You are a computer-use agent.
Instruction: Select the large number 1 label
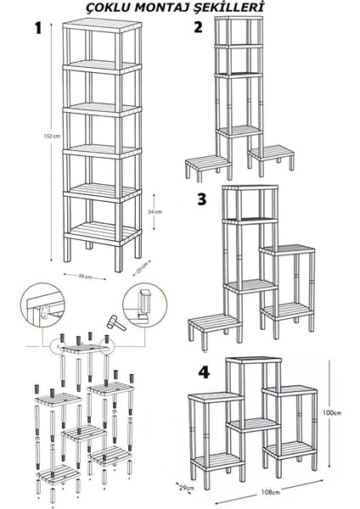pos(38,28)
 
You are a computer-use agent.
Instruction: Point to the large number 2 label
pos(198,27)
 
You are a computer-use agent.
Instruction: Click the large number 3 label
pos(202,199)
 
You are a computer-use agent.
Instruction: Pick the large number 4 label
pos(204,372)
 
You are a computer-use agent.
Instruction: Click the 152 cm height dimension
pos(52,137)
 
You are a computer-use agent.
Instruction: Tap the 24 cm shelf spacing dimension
pos(155,211)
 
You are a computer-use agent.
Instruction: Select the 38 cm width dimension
pos(84,277)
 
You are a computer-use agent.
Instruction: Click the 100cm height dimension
pos(332,413)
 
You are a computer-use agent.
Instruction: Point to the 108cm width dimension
pos(270,492)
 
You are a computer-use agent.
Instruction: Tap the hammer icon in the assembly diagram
pos(116,322)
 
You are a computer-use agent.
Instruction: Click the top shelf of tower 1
pos(102,25)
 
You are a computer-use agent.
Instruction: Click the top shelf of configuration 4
pos(254,360)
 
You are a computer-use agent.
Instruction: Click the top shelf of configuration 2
pos(239,18)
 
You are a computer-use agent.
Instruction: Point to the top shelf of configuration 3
pos(250,187)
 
